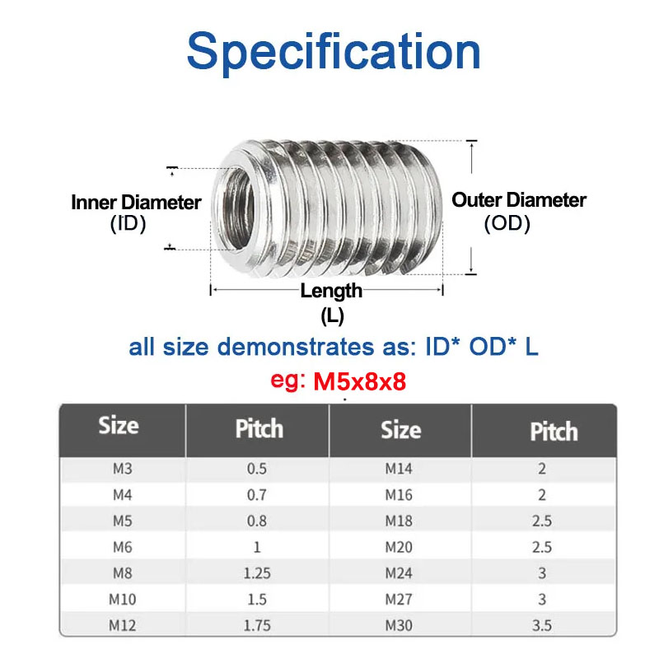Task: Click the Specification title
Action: (x=334, y=51)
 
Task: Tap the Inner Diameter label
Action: (x=136, y=202)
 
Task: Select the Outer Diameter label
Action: (x=519, y=199)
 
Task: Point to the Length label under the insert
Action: (x=331, y=291)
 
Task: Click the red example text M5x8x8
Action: (x=361, y=382)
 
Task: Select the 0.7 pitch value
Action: (x=258, y=496)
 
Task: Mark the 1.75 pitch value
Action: (x=258, y=625)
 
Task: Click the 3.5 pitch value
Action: (x=541, y=625)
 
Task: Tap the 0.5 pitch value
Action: (x=258, y=470)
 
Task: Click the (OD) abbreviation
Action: (x=507, y=223)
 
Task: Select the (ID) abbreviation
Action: (x=128, y=223)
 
